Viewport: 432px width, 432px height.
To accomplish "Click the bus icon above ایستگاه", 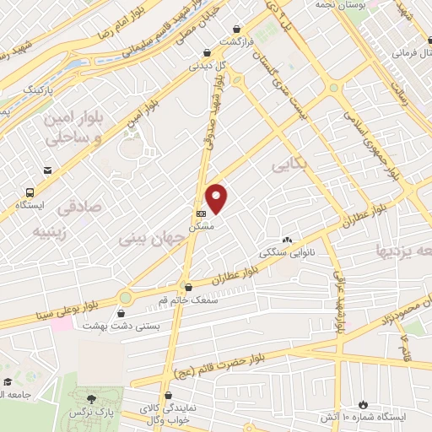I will coord(30,192).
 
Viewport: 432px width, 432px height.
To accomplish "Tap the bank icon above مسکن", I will coord(200,214).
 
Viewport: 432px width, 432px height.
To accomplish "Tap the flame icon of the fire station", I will coord(363,404).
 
